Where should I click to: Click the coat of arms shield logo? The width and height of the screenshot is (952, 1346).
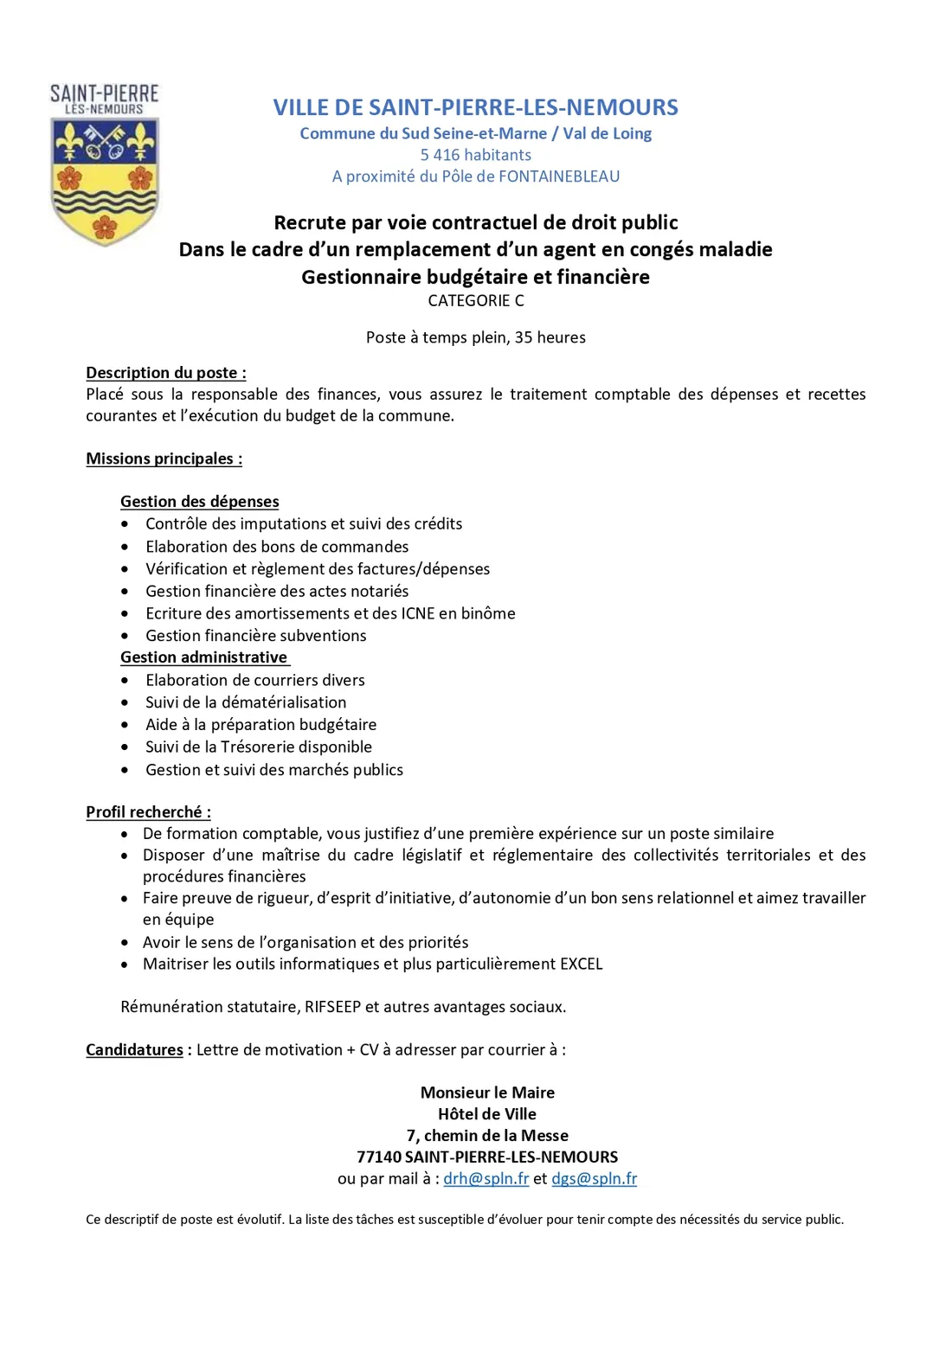click(x=105, y=181)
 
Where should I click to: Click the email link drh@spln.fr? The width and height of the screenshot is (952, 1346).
click(x=486, y=1178)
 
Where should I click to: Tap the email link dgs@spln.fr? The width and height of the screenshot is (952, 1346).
click(x=594, y=1178)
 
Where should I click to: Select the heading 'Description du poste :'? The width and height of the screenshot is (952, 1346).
click(x=165, y=373)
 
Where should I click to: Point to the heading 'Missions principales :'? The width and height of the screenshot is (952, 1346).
click(x=164, y=458)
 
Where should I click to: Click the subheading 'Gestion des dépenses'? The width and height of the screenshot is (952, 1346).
click(x=199, y=502)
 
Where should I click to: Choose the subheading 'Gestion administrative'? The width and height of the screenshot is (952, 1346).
click(x=203, y=657)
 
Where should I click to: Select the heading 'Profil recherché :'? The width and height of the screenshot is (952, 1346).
click(x=148, y=812)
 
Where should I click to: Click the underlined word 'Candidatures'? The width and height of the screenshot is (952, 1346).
click(x=134, y=1049)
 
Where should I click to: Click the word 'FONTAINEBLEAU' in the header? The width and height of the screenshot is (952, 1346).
click(x=559, y=176)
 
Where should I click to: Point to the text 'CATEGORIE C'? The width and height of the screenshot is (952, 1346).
click(x=476, y=300)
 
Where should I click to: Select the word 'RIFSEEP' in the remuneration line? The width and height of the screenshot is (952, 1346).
click(x=332, y=1007)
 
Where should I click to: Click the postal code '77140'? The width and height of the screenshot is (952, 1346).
click(x=379, y=1157)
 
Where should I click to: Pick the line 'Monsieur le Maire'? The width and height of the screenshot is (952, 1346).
click(x=487, y=1093)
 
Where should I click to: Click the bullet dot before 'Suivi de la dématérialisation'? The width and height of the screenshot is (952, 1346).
click(x=125, y=702)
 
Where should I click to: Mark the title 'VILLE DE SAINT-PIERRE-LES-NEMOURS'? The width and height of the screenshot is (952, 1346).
click(x=475, y=107)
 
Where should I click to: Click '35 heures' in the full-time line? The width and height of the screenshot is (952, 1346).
click(x=550, y=337)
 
